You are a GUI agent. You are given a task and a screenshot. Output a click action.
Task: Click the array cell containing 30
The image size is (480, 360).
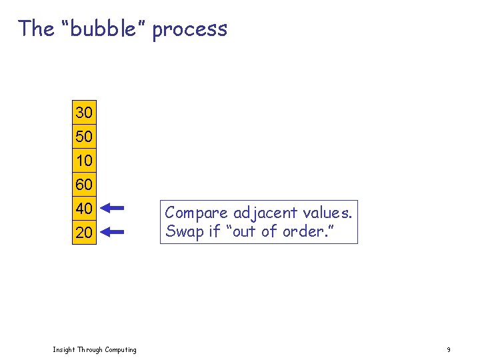84,112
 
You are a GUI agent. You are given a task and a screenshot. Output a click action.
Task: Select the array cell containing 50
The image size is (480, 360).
84,137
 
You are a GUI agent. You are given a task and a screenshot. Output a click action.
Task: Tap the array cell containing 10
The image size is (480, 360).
84,161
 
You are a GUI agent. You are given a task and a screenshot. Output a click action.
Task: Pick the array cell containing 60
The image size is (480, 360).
84,184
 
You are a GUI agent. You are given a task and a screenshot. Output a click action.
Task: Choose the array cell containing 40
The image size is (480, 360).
84,208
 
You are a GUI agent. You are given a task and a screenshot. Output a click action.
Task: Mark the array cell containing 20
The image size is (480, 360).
84,233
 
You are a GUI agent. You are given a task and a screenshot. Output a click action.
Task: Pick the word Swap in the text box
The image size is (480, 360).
181,232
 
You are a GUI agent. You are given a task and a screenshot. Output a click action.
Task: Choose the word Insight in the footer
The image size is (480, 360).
64,349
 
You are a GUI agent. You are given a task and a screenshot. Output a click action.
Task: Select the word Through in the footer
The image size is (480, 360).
89,349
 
